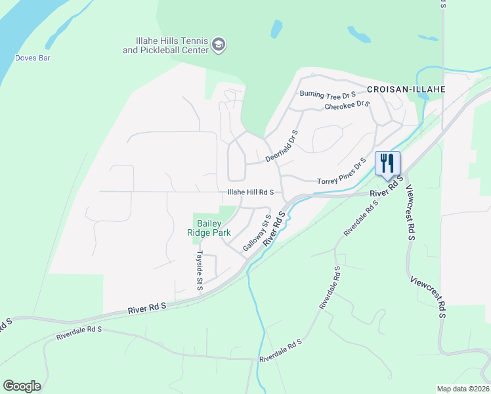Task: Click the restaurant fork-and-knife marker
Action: pos(387,164)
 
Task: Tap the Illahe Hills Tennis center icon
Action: pos(219,45)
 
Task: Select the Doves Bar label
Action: pos(33,58)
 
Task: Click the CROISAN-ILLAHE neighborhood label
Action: pos(406,89)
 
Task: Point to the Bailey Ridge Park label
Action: pos(209,228)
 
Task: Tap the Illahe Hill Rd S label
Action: pos(255,192)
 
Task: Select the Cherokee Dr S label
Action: pos(347,106)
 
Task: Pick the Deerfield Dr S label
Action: pos(282,146)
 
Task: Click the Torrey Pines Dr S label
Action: pos(341,173)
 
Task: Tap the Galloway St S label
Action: pos(257,232)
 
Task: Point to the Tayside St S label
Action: pos(200,270)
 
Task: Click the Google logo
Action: pos(22,386)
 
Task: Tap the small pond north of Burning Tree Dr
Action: pos(276,28)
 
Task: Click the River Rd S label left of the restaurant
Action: pos(384,191)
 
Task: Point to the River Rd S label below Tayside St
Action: pos(147,307)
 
